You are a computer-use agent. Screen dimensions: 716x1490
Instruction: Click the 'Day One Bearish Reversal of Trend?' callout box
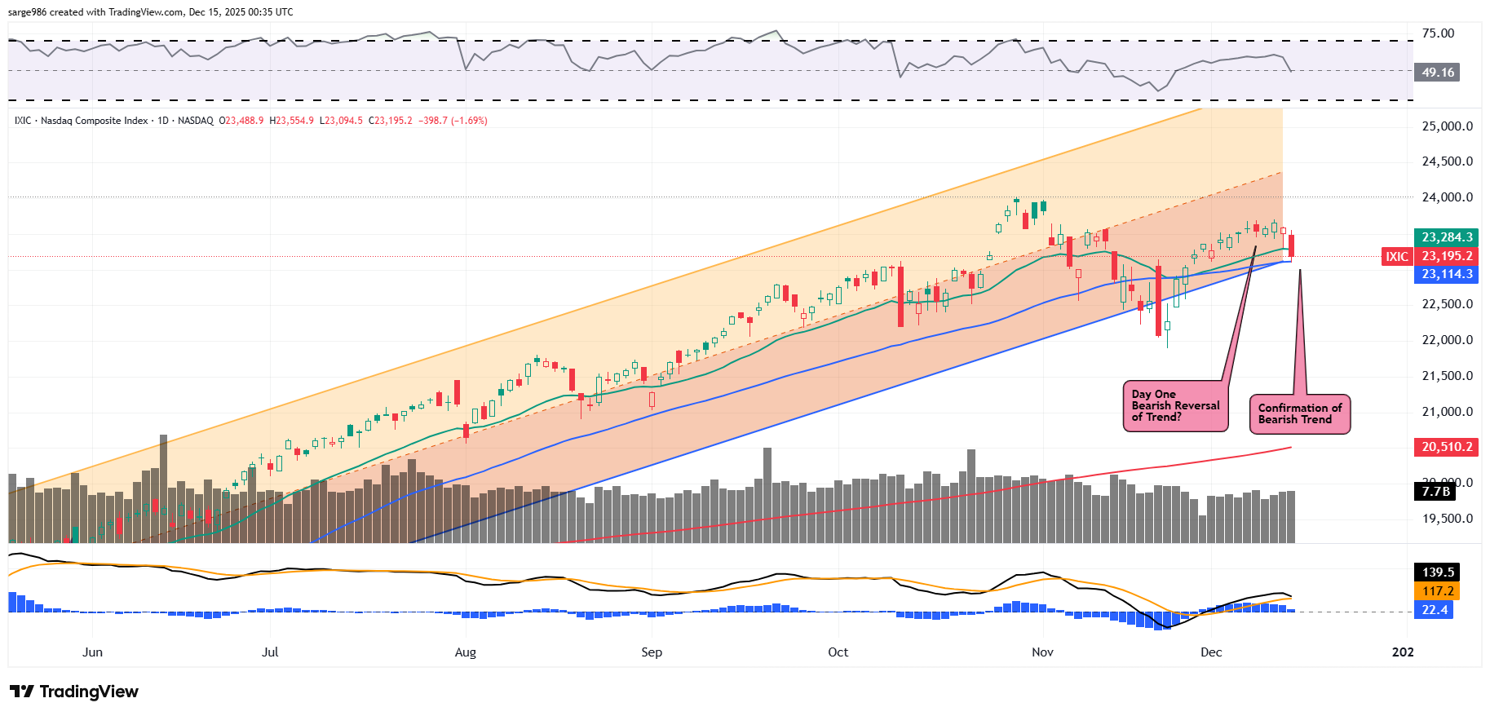tap(1175, 405)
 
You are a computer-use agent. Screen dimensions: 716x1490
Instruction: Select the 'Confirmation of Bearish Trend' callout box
tap(1299, 413)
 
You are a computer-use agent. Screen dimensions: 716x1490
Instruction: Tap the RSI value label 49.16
tap(1437, 73)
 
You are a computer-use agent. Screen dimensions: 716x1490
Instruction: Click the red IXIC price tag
tap(1396, 256)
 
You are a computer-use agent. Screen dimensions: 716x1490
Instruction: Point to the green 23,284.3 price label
tap(1447, 237)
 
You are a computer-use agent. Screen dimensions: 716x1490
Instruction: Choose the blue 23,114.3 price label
tap(1447, 274)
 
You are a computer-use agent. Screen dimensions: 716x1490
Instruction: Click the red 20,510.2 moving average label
tap(1447, 447)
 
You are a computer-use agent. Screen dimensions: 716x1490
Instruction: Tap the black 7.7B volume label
tap(1435, 491)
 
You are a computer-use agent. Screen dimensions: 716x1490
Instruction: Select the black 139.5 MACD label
tap(1438, 572)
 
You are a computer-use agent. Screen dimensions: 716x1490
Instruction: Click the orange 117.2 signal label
tap(1438, 591)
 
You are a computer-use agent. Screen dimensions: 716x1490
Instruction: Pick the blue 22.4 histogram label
tap(1435, 610)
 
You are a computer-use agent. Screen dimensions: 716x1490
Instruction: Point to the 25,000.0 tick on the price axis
tap(1447, 126)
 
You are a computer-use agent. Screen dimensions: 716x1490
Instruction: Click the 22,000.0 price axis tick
tap(1447, 340)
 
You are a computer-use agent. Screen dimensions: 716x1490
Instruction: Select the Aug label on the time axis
tap(465, 652)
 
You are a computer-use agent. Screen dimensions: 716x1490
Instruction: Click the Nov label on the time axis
tap(1042, 652)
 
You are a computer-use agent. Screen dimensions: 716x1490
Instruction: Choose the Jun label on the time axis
tap(93, 652)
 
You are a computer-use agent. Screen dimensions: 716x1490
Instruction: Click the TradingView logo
tap(74, 692)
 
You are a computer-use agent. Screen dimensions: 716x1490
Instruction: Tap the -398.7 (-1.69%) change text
tap(453, 121)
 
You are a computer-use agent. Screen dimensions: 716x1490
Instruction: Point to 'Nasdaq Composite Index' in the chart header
tap(95, 121)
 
